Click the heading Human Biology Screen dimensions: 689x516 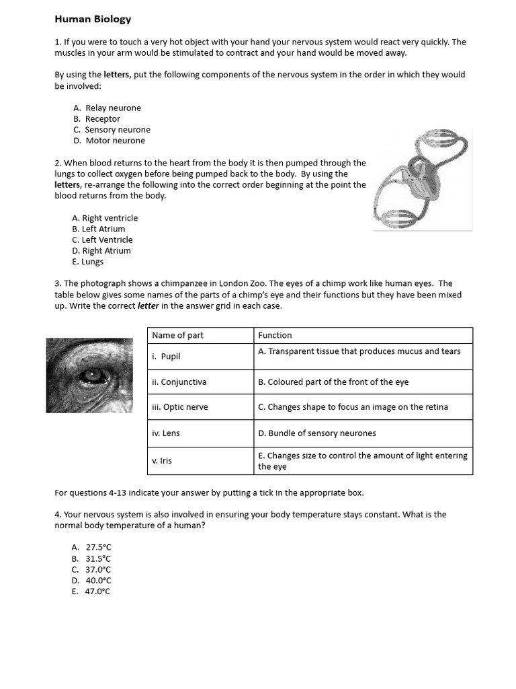(x=93, y=20)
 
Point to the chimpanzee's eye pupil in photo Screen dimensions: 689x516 (x=89, y=374)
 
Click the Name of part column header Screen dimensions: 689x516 (x=177, y=335)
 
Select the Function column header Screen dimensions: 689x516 (x=275, y=335)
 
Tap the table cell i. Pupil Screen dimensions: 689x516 (x=166, y=357)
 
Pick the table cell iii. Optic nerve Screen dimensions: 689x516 (x=179, y=407)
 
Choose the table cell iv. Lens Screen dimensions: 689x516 (x=166, y=433)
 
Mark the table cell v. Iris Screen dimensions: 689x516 (x=163, y=461)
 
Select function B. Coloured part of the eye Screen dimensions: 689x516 (x=333, y=382)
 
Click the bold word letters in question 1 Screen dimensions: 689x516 (x=117, y=75)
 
